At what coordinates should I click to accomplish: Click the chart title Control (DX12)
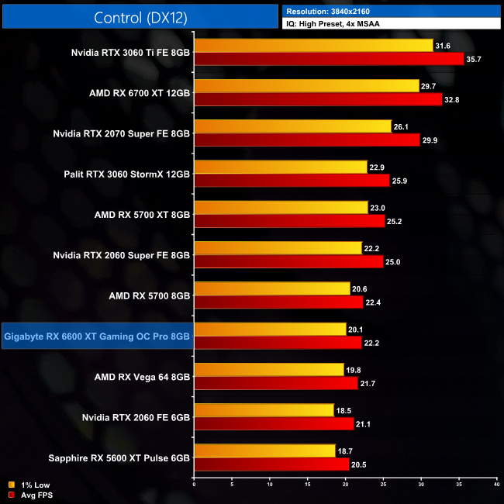coord(140,18)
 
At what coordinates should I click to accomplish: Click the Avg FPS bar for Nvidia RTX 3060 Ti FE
coord(329,59)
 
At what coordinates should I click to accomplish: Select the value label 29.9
coord(431,140)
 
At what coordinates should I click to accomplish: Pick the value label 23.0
coord(380,207)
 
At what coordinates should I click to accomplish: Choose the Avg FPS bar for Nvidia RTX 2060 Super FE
coord(288,261)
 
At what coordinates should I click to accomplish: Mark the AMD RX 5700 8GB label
coord(150,295)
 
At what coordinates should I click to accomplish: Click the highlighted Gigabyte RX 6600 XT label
coord(97,336)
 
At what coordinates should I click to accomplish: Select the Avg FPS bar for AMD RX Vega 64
coord(276,382)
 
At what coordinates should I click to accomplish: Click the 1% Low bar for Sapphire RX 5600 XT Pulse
coord(265,450)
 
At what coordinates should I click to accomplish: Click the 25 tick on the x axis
coord(383,484)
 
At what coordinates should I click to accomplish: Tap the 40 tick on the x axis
coord(495,484)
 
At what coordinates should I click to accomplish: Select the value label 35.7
coord(475,59)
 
